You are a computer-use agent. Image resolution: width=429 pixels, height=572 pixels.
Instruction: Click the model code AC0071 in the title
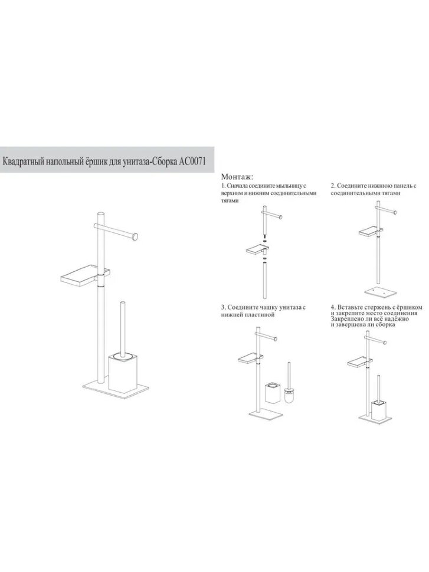tap(192, 162)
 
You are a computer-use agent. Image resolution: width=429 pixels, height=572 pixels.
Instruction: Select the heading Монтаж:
tap(237, 177)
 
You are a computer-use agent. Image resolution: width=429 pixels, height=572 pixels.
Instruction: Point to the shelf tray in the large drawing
tap(84, 275)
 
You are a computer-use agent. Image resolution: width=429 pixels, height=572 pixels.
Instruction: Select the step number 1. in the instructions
tap(224, 186)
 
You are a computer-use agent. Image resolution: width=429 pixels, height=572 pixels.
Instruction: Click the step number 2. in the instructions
tap(333, 186)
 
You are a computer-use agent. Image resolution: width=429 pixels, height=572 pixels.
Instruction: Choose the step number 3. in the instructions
tap(224, 307)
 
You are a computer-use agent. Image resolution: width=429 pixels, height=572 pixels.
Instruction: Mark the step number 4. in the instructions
tap(333, 307)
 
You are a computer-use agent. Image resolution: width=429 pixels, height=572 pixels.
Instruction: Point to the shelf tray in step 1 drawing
tap(257, 250)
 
